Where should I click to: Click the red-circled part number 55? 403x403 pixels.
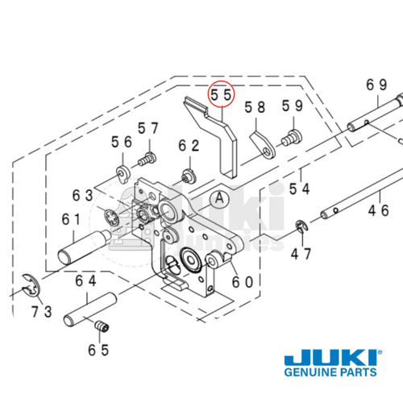pyautogui.click(x=221, y=94)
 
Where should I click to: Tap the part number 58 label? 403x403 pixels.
pyautogui.click(x=255, y=106)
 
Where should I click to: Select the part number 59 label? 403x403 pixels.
pyautogui.click(x=292, y=106)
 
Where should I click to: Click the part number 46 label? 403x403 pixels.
pyautogui.click(x=378, y=211)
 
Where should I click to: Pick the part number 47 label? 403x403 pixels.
pyautogui.click(x=301, y=254)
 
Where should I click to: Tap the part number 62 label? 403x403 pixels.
pyautogui.click(x=189, y=146)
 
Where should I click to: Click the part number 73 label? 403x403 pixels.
pyautogui.click(x=42, y=310)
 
